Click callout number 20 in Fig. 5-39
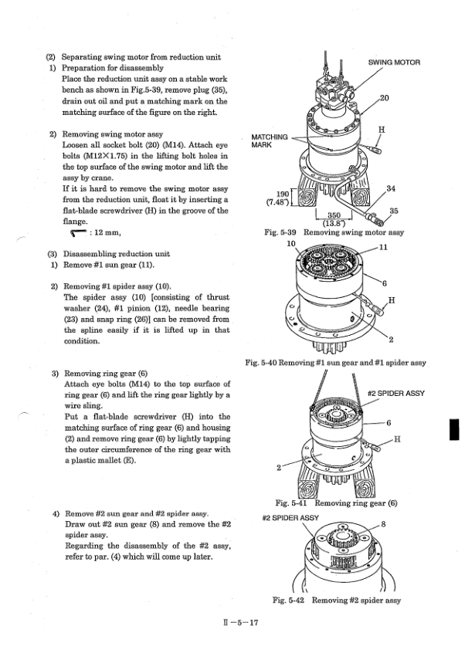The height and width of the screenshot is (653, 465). point(385,98)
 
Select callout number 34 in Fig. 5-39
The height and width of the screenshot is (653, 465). point(391,189)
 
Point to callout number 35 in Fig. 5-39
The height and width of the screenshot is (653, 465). point(393,210)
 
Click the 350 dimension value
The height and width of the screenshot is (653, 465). point(334,217)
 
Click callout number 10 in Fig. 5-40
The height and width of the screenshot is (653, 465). point(291,244)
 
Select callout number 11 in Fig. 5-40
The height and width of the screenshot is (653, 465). point(385,248)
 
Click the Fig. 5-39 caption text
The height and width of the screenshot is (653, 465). point(332,231)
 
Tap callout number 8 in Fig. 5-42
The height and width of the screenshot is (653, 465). point(385,525)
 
